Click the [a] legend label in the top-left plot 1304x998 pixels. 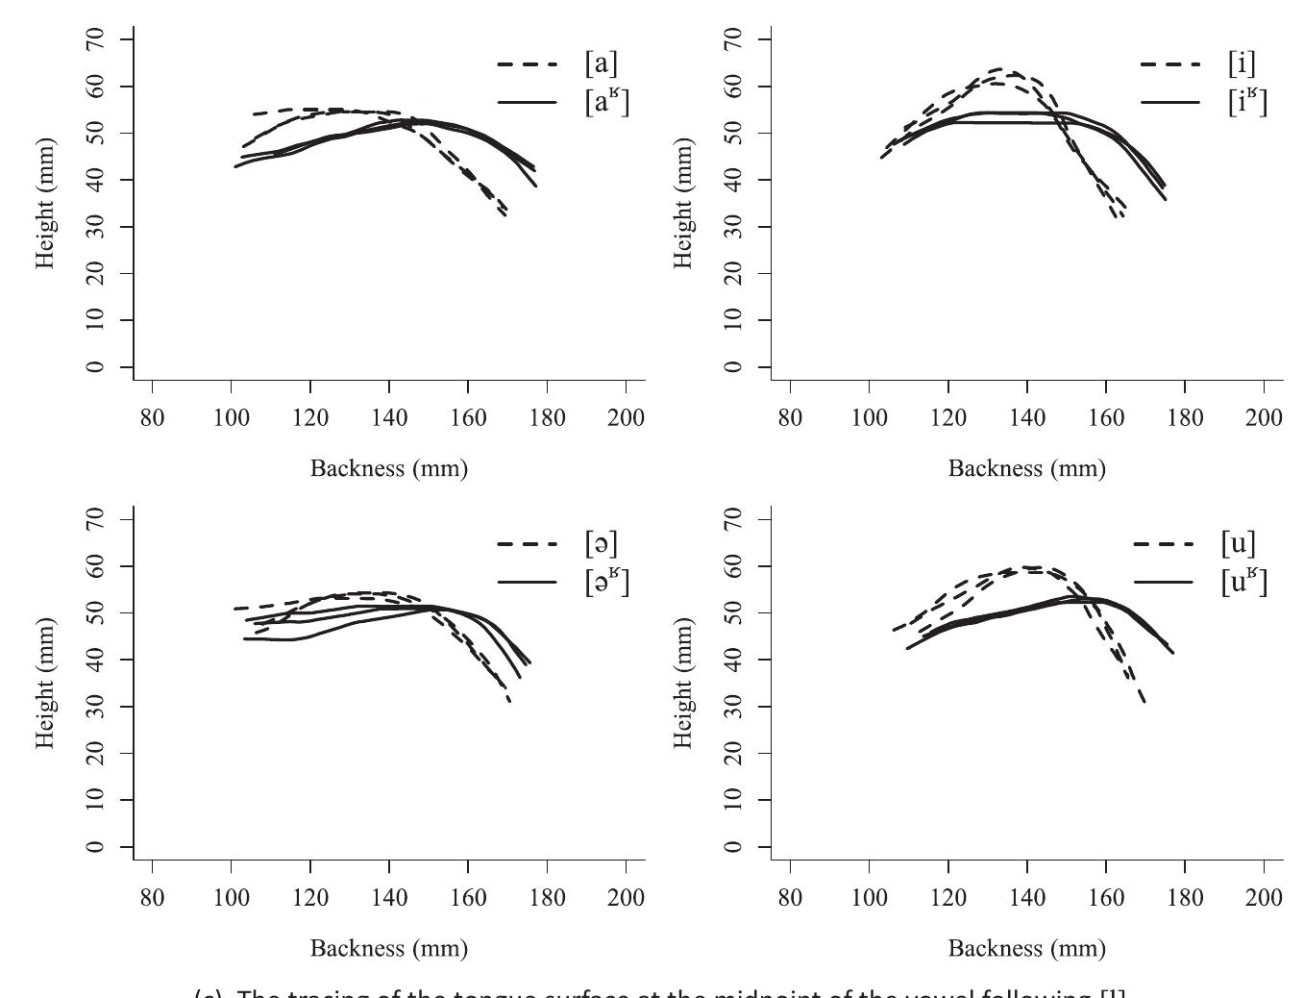click(601, 63)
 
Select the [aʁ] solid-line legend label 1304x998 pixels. click(606, 101)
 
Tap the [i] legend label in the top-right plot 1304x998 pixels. click(1242, 63)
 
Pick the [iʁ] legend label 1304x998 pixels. click(1247, 101)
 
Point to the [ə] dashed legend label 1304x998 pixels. click(601, 543)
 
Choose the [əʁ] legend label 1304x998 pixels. click(606, 581)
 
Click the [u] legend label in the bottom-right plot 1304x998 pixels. click(1238, 543)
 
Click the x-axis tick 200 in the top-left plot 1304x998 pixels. click(627, 417)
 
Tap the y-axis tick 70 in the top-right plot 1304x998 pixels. click(734, 39)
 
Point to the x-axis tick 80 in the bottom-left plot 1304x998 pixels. click(153, 897)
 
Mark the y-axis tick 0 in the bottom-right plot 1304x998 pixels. click(734, 847)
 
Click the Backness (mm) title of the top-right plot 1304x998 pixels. click(1026, 468)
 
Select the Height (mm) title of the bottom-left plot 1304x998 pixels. click(45, 683)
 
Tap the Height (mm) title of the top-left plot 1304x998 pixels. click(45, 203)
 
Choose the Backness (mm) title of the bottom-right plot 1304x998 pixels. click(1026, 948)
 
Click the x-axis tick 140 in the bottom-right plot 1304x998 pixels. click(1027, 897)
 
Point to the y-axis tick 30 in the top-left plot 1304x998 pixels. click(96, 227)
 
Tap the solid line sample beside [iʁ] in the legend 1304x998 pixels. click(1169, 102)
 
